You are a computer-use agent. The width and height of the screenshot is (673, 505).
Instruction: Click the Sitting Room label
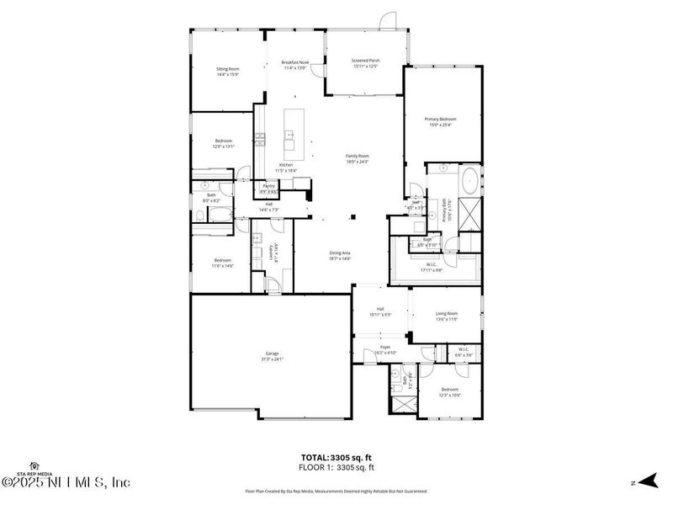(227, 68)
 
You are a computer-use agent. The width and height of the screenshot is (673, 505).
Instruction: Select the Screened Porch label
(364, 61)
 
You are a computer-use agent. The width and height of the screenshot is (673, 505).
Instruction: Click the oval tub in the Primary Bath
(469, 178)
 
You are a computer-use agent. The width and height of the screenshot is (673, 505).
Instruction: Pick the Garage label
(272, 353)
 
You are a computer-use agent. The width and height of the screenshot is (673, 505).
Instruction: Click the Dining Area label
(339, 252)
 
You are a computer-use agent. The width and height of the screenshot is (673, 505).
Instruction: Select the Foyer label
(384, 347)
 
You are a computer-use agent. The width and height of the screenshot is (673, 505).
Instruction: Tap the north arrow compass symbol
(645, 481)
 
